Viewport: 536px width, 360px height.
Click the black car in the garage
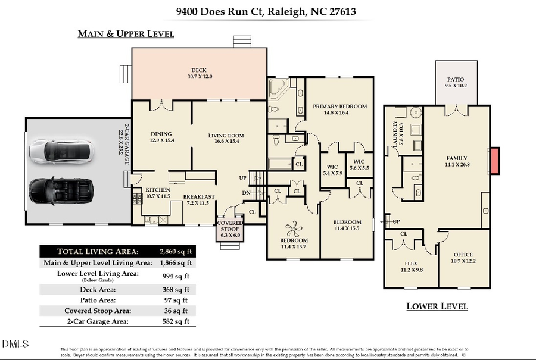(x=61, y=190)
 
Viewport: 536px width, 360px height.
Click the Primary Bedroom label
(x=339, y=110)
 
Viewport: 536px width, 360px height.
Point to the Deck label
(x=198, y=73)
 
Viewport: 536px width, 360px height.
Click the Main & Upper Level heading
(x=126, y=34)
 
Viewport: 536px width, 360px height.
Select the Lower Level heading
(x=437, y=306)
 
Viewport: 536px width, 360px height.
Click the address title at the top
(x=269, y=11)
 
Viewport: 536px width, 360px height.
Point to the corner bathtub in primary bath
(x=277, y=90)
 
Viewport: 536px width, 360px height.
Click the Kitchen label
(x=158, y=193)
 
